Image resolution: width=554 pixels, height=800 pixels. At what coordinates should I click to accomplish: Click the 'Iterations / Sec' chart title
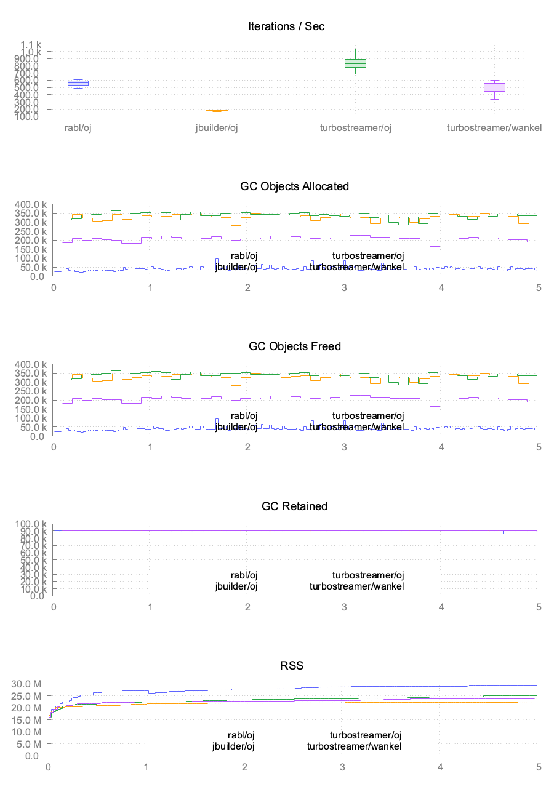(x=286, y=26)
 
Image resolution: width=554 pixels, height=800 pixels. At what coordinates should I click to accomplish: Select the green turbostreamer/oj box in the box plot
(x=355, y=63)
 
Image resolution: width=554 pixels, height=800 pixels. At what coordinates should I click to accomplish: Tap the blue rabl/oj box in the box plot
(x=78, y=82)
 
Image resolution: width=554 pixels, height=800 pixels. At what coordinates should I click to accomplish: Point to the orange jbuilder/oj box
(x=217, y=111)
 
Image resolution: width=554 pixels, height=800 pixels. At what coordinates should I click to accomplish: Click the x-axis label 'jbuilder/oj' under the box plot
(x=217, y=128)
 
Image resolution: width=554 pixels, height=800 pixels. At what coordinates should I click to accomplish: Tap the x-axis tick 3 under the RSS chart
(x=342, y=767)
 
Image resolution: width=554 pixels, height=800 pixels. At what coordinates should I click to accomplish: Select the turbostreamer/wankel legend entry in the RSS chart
(x=353, y=746)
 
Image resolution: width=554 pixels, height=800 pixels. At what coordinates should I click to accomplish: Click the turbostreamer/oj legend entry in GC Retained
(x=368, y=575)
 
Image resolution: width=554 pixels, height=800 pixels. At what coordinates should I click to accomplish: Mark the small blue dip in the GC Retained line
(x=502, y=532)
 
